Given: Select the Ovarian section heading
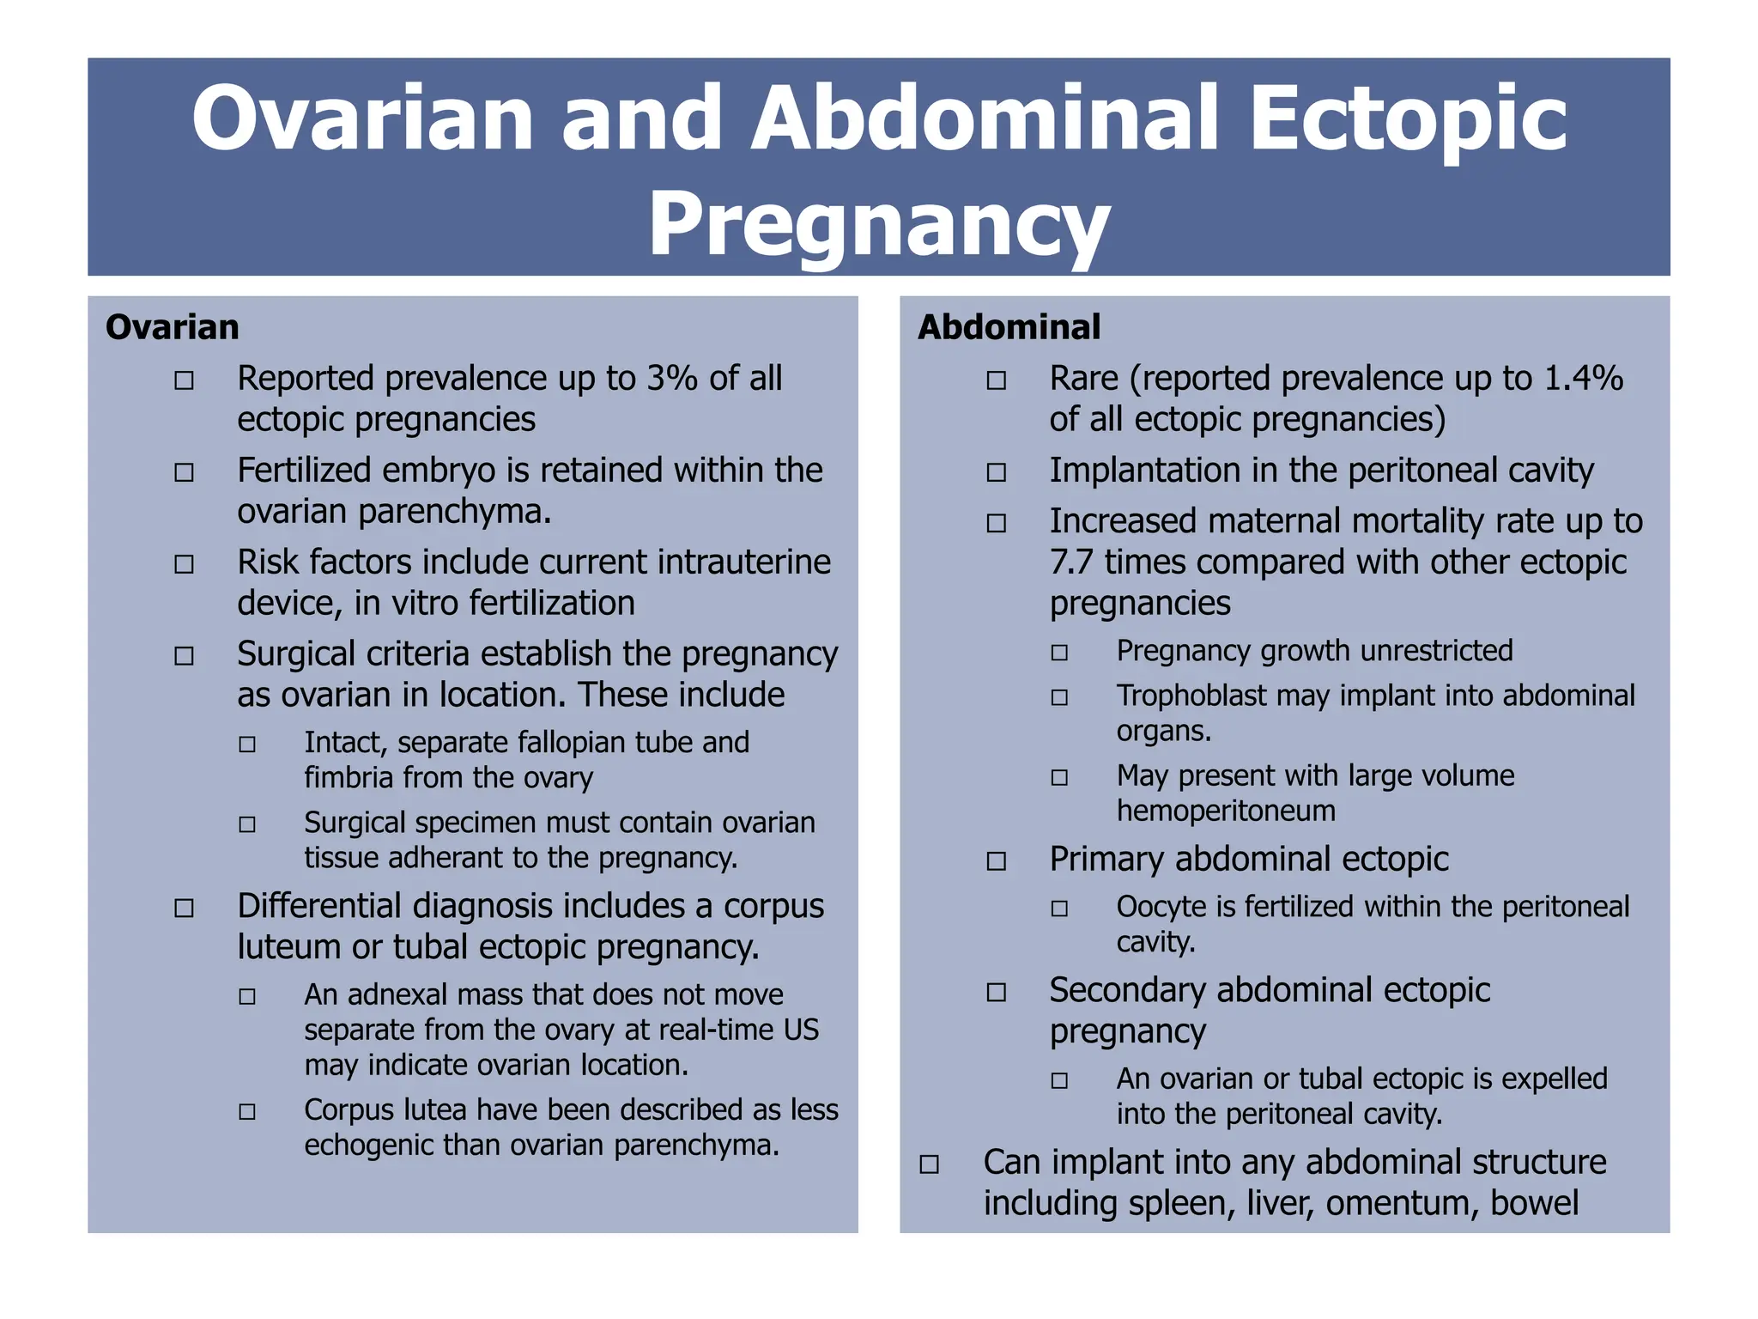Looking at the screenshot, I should pyautogui.click(x=172, y=327).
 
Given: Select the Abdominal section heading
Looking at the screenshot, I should pyautogui.click(x=1009, y=327).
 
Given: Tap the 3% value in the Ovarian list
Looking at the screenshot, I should pyautogui.click(x=672, y=379).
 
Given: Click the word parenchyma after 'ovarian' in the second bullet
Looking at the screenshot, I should pyautogui.click(x=454, y=512).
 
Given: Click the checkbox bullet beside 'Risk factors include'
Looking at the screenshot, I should pyautogui.click(x=184, y=564).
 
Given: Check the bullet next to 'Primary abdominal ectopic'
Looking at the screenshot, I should pyautogui.click(x=996, y=861).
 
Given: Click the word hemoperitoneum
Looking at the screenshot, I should pyautogui.click(x=1226, y=811).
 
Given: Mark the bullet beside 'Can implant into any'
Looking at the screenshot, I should pyautogui.click(x=929, y=1164).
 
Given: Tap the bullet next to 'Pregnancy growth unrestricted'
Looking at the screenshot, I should pyautogui.click(x=1059, y=653).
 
